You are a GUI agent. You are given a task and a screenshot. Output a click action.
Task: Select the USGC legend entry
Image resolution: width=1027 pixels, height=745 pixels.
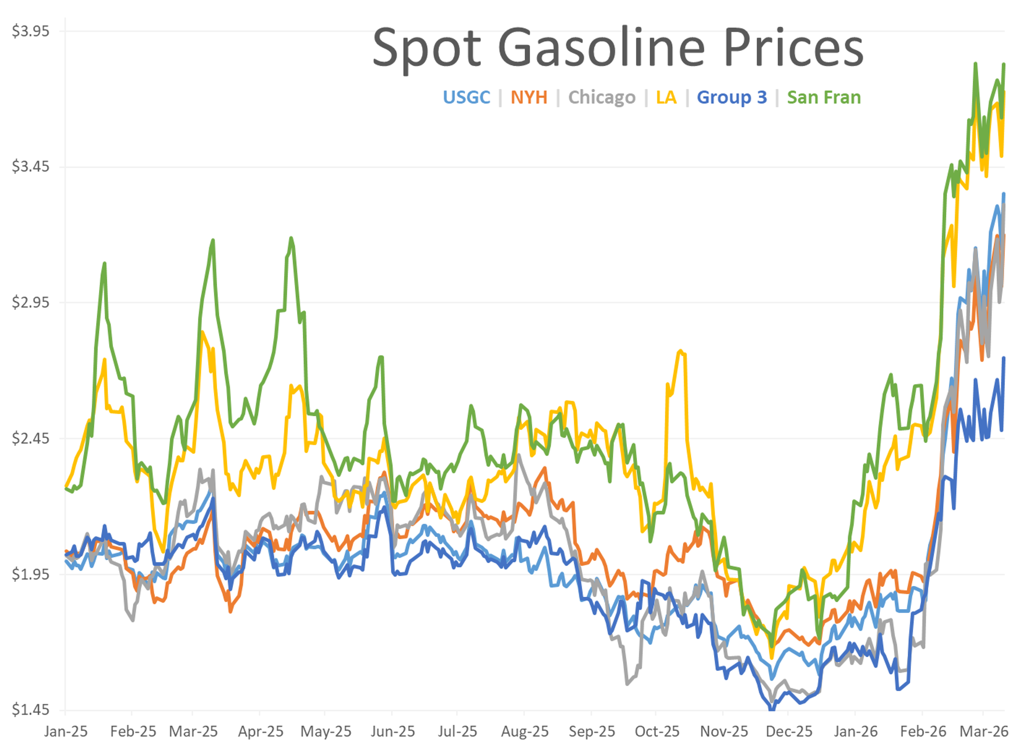point(466,97)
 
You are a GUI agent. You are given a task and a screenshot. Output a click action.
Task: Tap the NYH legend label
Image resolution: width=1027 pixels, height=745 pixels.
point(529,97)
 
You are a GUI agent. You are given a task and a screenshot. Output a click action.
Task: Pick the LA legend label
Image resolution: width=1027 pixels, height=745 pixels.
point(666,97)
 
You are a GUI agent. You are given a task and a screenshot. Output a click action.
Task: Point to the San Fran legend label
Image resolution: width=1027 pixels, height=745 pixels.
point(824,97)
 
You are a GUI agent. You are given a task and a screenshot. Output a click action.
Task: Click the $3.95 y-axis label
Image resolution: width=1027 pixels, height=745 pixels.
point(30,31)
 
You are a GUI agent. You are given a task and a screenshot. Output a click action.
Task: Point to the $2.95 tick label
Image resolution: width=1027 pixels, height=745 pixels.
point(30,302)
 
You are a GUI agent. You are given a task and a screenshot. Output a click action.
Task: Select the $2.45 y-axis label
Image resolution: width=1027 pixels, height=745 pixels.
point(30,438)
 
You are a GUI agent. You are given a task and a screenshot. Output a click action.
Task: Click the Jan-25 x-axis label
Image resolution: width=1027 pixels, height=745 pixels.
point(66,731)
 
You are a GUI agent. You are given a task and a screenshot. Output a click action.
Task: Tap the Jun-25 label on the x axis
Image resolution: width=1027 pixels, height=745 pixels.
point(393,731)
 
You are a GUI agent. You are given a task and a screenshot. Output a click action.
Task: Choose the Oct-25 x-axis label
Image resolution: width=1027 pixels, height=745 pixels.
point(657,731)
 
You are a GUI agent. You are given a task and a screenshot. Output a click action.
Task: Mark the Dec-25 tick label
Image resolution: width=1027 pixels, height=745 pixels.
point(789,731)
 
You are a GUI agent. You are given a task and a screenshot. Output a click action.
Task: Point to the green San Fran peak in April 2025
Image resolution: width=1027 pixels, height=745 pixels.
point(291,237)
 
